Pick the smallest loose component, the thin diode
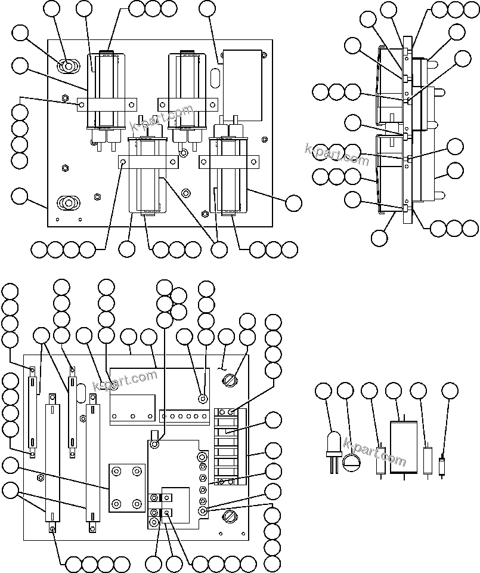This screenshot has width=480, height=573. (x=441, y=465)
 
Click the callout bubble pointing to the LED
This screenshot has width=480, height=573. (x=323, y=391)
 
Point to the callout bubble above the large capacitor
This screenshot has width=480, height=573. (x=394, y=391)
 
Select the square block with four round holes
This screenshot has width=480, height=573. (x=127, y=488)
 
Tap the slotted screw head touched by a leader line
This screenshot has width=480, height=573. (x=231, y=378)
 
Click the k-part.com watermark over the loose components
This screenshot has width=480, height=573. (x=374, y=453)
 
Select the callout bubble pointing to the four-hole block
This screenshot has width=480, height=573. (x=10, y=465)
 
